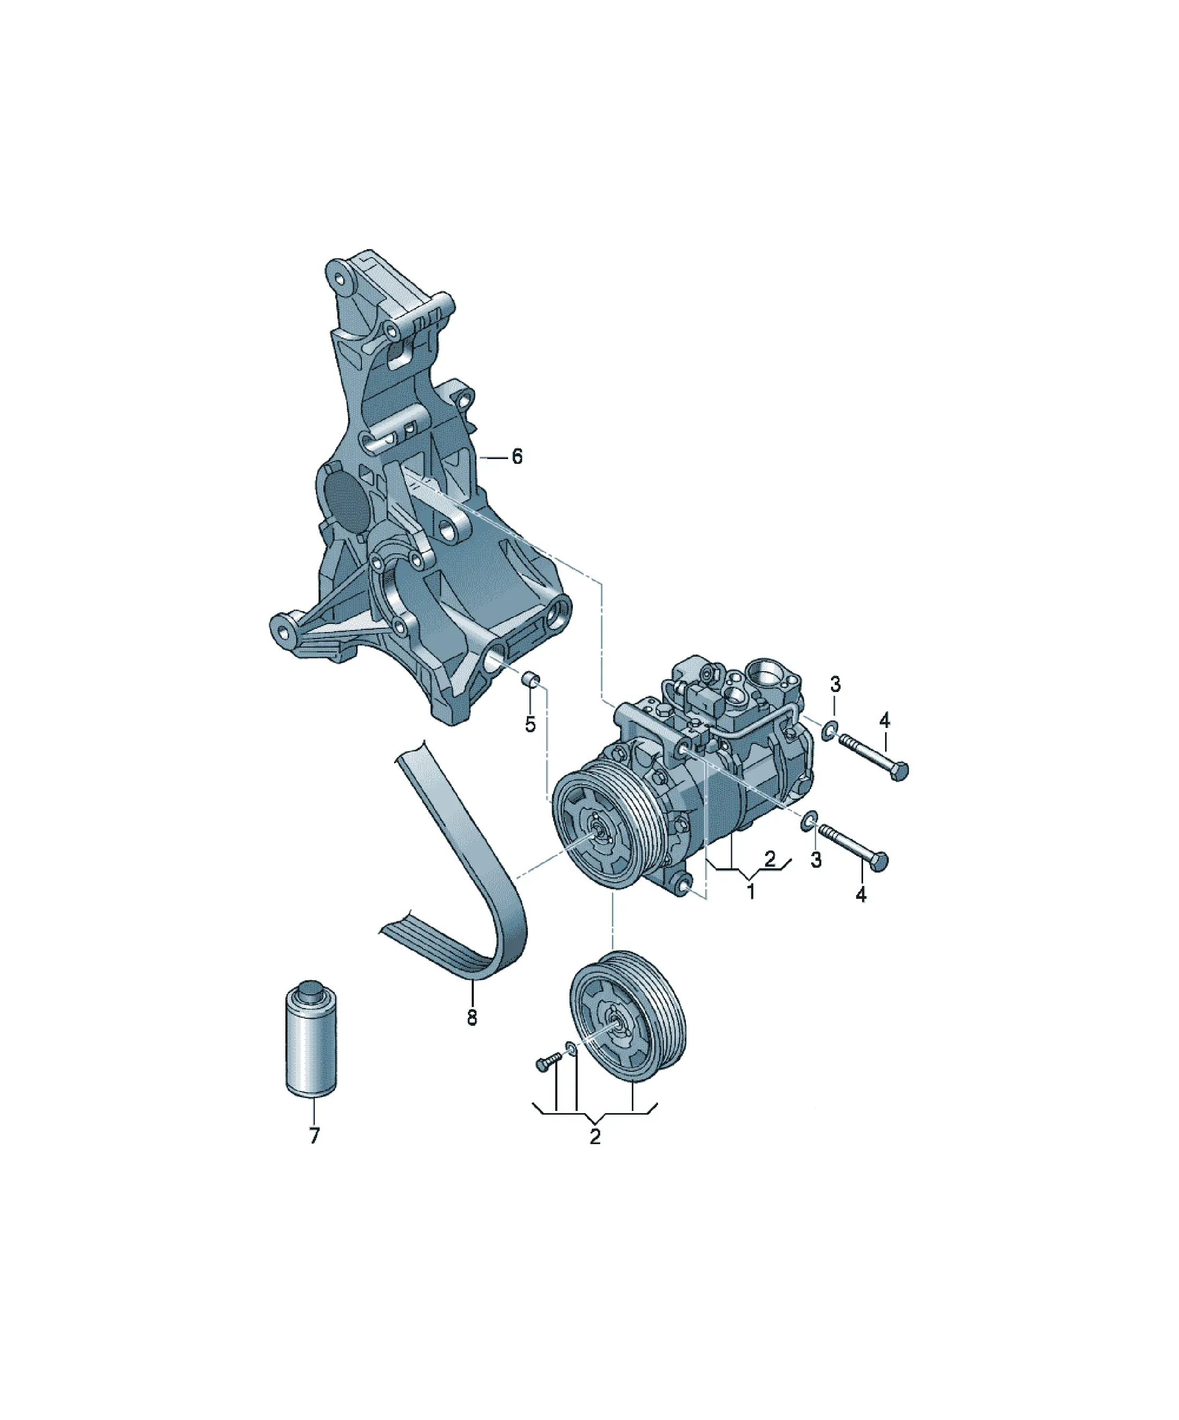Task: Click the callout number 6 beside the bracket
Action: pyautogui.click(x=517, y=457)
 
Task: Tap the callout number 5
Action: pyautogui.click(x=530, y=725)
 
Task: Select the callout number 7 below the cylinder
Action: pyautogui.click(x=314, y=1136)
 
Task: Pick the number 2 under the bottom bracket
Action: pyautogui.click(x=595, y=1137)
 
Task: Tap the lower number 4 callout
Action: pyautogui.click(x=860, y=895)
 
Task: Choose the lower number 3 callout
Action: pyautogui.click(x=816, y=860)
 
